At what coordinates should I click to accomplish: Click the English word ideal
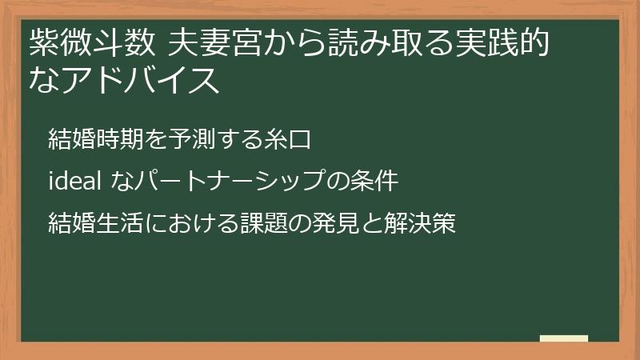[x=74, y=182]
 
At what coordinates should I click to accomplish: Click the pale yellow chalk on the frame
[x=564, y=338]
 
